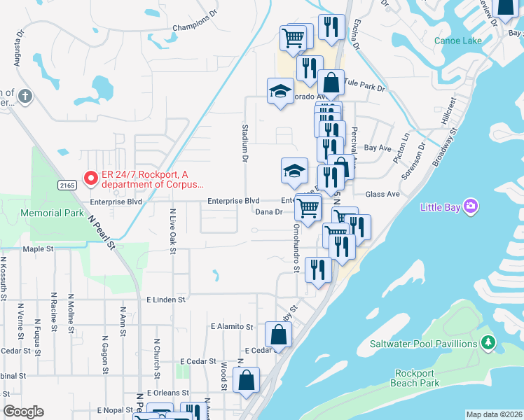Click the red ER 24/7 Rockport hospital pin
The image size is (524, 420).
tap(90, 178)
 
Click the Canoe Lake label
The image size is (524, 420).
tap(458, 41)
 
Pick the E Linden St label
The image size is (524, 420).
tap(165, 299)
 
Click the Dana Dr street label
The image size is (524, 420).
tap(268, 211)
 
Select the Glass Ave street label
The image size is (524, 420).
tap(382, 194)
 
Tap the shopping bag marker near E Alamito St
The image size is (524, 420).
tap(278, 334)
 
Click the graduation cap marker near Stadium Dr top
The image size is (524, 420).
tap(280, 91)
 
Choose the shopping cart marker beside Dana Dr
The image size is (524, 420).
tap(307, 207)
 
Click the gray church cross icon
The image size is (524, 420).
tap(25, 96)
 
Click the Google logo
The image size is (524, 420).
tap(23, 412)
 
